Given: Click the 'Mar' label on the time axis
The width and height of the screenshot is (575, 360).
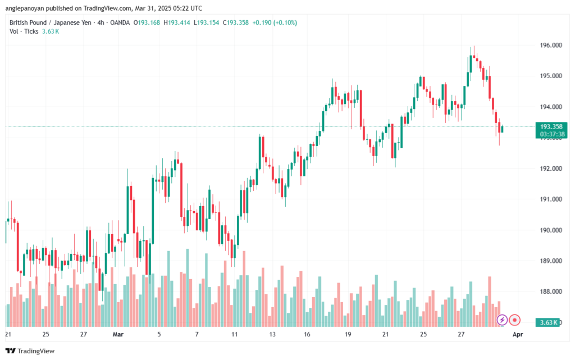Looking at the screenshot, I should click(118, 334).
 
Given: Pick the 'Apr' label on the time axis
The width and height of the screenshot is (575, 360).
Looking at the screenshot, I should click(518, 334).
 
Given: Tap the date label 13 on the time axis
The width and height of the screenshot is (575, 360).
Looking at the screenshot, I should click(272, 334).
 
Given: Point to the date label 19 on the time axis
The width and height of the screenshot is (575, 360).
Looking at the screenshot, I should click(348, 334).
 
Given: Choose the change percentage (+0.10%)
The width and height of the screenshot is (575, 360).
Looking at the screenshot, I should click(284, 22).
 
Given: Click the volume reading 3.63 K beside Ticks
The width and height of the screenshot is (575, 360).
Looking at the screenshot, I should click(51, 31).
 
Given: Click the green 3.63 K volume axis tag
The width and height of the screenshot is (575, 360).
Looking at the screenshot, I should click(549, 322).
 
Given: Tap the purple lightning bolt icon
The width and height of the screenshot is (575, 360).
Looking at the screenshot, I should click(503, 320).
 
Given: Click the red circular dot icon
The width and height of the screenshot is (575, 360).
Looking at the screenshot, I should click(515, 320).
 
